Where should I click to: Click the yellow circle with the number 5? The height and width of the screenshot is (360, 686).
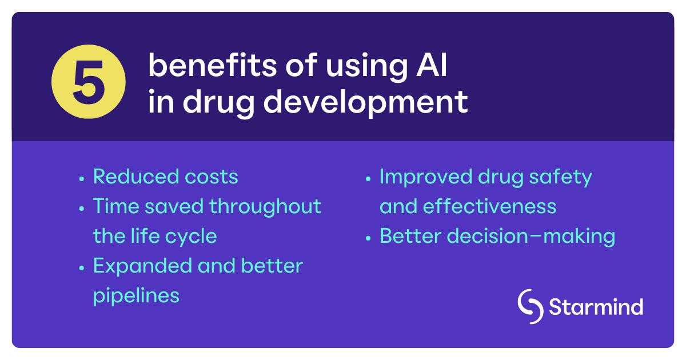(x=88, y=82)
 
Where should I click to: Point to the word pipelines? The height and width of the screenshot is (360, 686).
(x=136, y=296)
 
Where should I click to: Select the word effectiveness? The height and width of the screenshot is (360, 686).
(x=489, y=206)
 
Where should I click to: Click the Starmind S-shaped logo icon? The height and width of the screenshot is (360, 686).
(x=531, y=307)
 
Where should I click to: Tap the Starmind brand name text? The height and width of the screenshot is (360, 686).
(x=596, y=307)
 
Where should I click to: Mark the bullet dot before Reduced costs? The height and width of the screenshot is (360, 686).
(x=82, y=178)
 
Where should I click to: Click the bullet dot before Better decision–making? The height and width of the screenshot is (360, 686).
(x=369, y=238)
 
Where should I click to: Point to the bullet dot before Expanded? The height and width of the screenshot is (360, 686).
(x=82, y=267)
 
